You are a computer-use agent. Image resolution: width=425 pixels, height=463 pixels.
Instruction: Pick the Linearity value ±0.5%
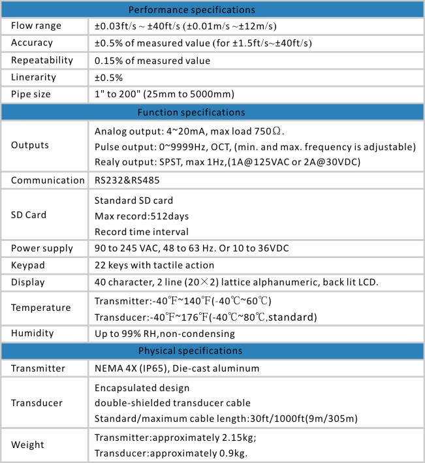[109, 77]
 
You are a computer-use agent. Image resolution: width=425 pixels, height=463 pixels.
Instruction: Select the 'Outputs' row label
[29, 145]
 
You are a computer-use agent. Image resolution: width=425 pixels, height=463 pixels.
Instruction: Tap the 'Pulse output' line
[255, 145]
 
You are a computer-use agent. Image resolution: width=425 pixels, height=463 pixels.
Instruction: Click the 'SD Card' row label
[29, 214]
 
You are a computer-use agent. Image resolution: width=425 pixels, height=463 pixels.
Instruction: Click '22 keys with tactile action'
[154, 265]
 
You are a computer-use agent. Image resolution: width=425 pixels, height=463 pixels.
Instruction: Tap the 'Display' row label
[28, 282]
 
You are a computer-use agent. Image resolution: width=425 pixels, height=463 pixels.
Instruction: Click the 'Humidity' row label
[32, 334]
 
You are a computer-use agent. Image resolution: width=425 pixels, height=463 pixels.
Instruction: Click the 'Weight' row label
[28, 445]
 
